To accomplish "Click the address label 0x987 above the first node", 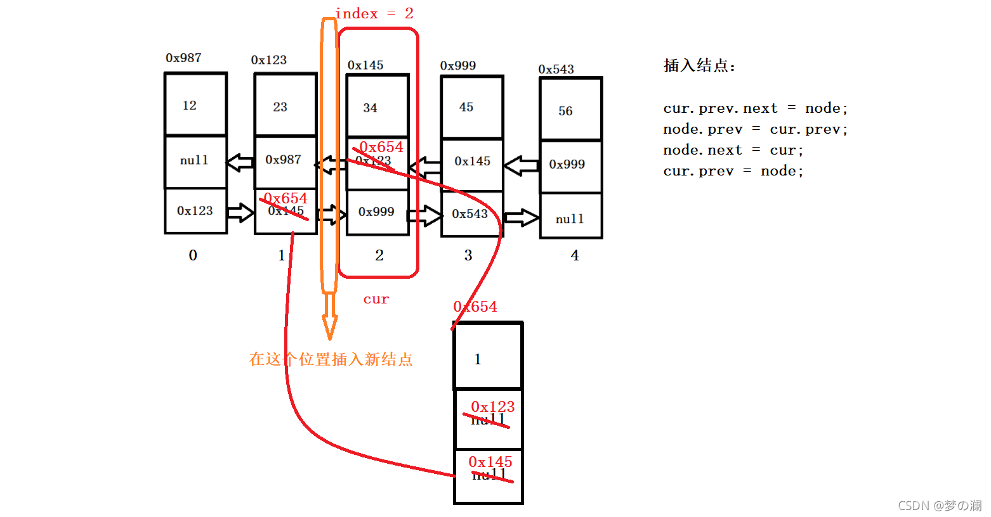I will pos(183,58).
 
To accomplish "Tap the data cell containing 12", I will pos(195,105).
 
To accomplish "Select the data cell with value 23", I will pos(285,106).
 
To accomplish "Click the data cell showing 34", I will pos(377,107).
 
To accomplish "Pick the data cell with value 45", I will pos(472,107).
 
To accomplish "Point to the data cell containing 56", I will pos(570,110).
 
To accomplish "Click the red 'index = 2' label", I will pos(374,14).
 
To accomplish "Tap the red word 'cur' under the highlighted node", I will pos(376,299).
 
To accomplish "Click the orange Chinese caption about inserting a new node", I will pos(331,360).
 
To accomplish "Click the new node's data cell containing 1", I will pos(487,358).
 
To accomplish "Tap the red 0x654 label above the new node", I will pos(475,307).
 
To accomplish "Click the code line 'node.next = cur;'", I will pos(733,150).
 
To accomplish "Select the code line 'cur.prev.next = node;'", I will pos(755,108).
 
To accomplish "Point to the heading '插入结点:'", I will pos(699,66).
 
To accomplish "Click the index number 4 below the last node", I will pos(575,255).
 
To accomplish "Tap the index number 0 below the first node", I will pos(193,255).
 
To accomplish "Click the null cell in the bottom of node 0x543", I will pos(570,219).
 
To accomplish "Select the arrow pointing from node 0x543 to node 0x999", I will pos(522,165).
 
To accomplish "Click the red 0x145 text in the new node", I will pos(490,462).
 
